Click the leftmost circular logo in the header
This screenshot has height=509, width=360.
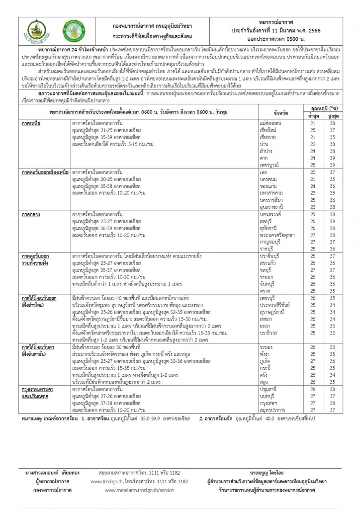pyautogui.click(x=39, y=30)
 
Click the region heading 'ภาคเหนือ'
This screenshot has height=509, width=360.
pyautogui.click(x=31, y=122)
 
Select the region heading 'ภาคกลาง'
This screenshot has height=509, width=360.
pyautogui.click(x=31, y=212)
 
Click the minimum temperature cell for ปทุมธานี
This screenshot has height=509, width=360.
pyautogui.click(x=313, y=389)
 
